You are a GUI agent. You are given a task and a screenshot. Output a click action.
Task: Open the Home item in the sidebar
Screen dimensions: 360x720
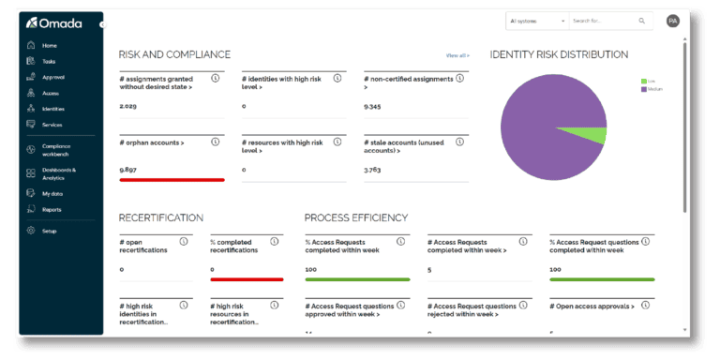[x=49, y=45]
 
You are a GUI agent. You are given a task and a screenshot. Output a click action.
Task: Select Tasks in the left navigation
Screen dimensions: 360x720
[x=49, y=61]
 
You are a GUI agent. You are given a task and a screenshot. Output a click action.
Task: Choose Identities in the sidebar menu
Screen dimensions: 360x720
[x=52, y=109]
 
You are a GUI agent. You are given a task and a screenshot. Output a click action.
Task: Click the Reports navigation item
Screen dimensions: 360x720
[x=52, y=209]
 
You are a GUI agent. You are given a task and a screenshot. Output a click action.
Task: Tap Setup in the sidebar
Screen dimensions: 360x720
[x=49, y=230]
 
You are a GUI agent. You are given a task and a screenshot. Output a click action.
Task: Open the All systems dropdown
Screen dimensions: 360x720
[x=536, y=20]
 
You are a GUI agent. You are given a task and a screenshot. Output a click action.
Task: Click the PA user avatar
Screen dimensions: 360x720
[x=672, y=21]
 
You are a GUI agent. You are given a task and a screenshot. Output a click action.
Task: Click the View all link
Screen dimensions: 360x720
[x=457, y=55]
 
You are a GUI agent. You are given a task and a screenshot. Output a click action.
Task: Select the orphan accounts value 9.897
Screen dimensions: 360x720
[x=128, y=169]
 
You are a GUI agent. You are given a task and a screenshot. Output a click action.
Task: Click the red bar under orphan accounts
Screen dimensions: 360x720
[x=172, y=179]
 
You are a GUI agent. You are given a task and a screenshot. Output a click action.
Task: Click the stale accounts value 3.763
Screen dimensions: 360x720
[x=372, y=169]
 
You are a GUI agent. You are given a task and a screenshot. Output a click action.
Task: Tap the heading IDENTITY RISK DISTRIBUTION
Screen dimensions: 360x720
[x=559, y=54]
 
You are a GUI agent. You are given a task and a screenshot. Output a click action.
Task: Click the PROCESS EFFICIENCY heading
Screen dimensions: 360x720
[x=355, y=217]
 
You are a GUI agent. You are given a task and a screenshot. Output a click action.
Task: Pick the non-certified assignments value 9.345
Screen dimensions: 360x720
[x=372, y=106]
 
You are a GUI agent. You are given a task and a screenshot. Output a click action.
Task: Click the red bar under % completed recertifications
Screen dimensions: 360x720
[x=247, y=278]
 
